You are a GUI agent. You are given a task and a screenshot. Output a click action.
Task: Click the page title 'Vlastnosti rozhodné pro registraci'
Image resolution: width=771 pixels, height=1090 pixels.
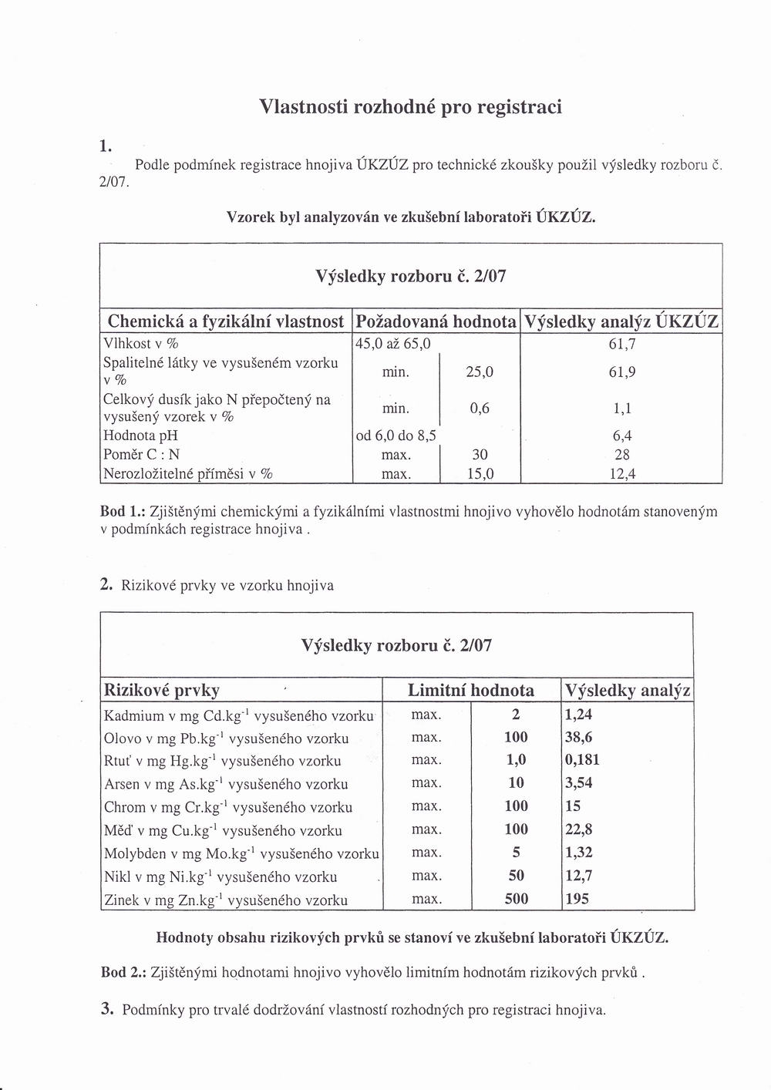410,106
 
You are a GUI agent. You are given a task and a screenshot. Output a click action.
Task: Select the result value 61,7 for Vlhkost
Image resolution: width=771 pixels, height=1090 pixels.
621,343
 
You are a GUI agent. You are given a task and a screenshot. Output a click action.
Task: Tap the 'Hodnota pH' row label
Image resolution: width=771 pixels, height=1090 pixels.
141,436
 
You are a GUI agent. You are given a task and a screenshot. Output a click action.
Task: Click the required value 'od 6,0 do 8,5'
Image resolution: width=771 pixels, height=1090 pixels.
396,436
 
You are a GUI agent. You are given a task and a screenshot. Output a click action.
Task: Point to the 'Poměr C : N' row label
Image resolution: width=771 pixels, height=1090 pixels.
142,455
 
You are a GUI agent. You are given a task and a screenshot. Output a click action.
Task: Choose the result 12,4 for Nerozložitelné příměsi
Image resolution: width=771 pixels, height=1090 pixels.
621,474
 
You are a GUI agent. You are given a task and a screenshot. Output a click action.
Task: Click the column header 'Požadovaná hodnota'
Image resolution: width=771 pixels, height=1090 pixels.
436,321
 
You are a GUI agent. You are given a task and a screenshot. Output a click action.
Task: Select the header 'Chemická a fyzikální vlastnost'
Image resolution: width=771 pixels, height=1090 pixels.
226,321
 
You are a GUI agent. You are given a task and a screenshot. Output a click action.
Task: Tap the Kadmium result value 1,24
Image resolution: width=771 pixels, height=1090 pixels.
578,714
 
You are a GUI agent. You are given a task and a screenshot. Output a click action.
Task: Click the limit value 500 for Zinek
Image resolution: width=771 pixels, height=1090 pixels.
517,899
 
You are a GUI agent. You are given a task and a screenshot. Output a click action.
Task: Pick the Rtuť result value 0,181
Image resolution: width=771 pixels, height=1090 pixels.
582,760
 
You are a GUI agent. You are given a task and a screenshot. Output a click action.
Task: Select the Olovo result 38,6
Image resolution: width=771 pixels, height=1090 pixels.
578,737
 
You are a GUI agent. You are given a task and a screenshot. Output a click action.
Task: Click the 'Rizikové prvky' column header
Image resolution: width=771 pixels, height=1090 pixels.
162,690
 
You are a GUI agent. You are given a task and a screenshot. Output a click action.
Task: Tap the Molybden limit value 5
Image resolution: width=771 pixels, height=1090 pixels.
517,853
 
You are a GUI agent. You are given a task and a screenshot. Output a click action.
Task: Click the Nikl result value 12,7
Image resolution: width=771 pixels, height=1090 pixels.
578,876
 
